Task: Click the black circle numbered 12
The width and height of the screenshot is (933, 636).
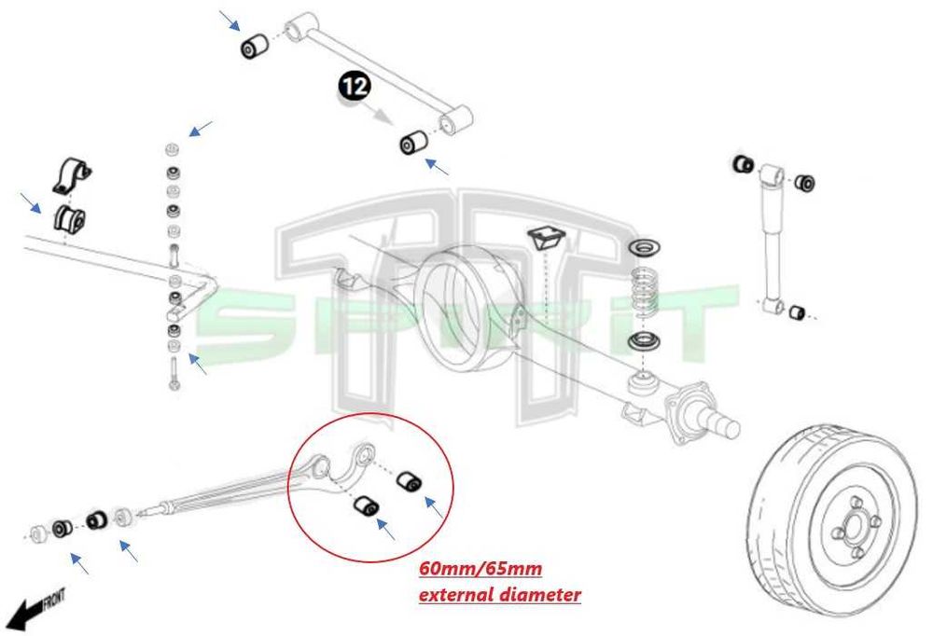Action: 354,88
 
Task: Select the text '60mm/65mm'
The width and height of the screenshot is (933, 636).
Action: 480,568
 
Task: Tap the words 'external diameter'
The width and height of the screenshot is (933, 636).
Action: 499,594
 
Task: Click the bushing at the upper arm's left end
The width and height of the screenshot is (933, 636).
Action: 254,45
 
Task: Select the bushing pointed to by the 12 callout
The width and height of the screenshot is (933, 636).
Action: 411,143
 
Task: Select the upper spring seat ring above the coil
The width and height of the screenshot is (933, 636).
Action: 643,249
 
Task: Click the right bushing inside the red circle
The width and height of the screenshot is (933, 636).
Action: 408,481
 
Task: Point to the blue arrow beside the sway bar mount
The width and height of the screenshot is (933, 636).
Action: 31,202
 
